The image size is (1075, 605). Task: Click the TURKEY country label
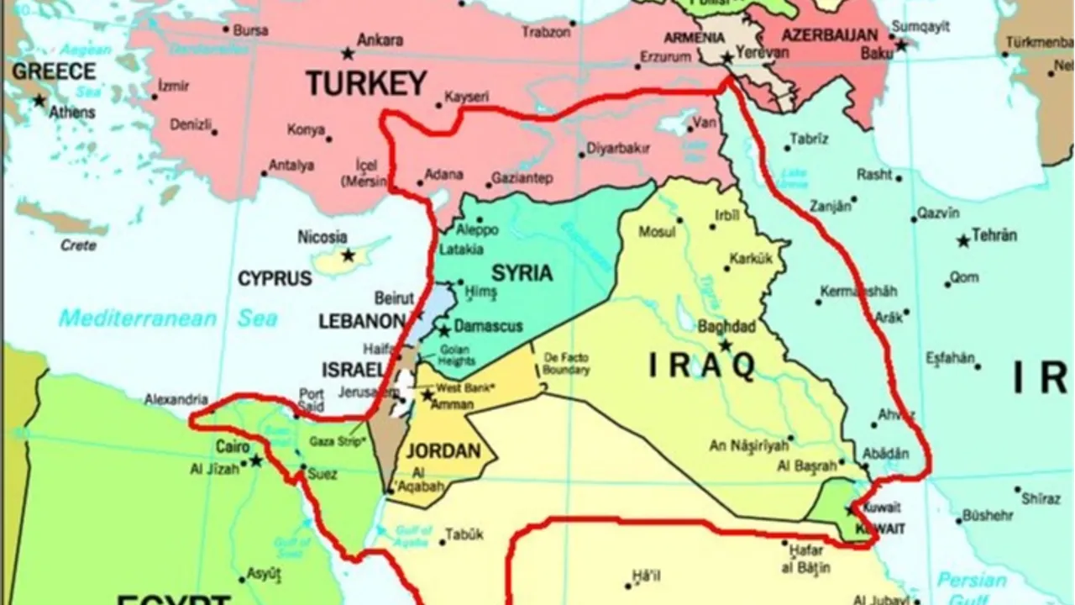click(366, 83)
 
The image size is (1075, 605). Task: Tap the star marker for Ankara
click(348, 55)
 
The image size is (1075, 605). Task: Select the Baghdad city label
click(726, 327)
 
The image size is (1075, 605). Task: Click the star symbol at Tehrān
click(963, 241)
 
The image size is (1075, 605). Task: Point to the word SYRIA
click(522, 273)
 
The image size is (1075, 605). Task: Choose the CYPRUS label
click(275, 279)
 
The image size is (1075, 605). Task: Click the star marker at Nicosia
click(348, 255)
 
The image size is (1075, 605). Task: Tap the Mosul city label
click(657, 232)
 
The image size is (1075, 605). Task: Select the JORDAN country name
click(443, 451)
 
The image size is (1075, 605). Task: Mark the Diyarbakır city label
click(618, 149)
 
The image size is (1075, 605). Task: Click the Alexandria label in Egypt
click(176, 399)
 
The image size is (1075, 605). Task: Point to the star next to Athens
click(39, 100)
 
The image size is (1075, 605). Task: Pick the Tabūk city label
click(464, 534)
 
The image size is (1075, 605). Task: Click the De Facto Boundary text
click(567, 363)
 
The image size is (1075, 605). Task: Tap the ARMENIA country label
click(694, 38)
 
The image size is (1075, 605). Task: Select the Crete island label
click(78, 245)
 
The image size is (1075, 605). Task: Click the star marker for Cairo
click(255, 460)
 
